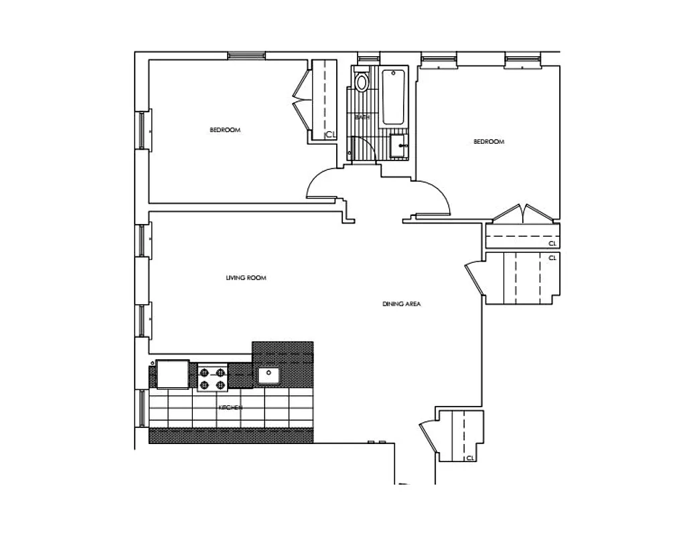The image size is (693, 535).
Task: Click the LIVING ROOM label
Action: pos(246,278)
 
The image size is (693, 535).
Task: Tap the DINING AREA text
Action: pos(401,304)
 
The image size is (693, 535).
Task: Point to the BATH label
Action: pos(362,117)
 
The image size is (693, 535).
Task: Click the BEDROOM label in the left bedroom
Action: pos(225,130)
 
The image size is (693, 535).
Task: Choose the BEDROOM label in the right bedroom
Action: pos(489,141)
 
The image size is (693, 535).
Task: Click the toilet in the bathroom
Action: pos(362,82)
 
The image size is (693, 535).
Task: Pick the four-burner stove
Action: pos(213,379)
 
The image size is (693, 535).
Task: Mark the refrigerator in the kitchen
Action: pos(173,374)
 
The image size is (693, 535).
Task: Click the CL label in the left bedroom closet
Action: pos(329,135)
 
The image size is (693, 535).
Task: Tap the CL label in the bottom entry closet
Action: pos(470,458)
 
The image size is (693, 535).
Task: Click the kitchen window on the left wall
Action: pos(142,407)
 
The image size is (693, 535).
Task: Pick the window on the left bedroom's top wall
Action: pos(248,56)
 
